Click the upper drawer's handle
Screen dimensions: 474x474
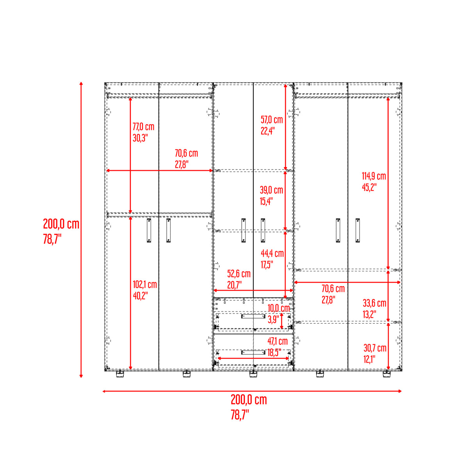[253, 316]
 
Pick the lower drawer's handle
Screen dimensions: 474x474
[253, 353]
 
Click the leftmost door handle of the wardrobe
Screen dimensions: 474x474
[149, 230]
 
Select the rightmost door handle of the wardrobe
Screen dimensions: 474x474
[358, 230]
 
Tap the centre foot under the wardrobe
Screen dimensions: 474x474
[253, 374]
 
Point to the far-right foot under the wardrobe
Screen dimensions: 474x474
[387, 374]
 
